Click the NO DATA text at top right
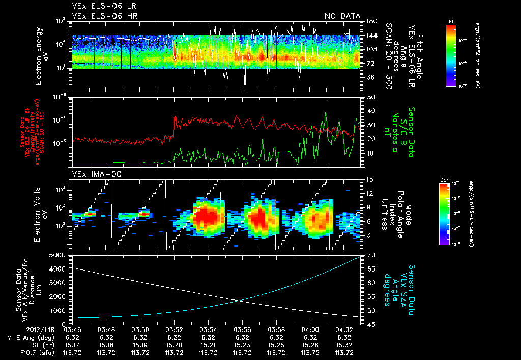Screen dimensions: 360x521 coord(342,16)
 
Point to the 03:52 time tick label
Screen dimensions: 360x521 coord(174,329)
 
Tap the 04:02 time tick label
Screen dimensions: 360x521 coord(344,329)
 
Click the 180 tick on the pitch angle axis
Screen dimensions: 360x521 coord(371,21)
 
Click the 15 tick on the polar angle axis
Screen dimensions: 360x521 coord(370,179)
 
